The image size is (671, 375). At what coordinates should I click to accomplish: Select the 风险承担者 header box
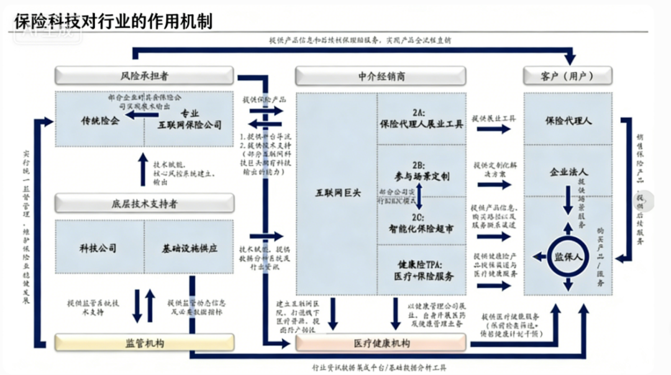pyautogui.click(x=144, y=76)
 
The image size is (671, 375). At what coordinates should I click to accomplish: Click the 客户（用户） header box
pyautogui.click(x=568, y=76)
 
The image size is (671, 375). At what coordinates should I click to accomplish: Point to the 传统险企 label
pyautogui.click(x=99, y=119)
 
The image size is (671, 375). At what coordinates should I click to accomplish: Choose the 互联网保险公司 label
pyautogui.click(x=194, y=125)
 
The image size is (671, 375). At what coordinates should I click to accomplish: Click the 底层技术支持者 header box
pyautogui.click(x=144, y=203)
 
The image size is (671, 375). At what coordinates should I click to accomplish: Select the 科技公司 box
pyautogui.click(x=98, y=248)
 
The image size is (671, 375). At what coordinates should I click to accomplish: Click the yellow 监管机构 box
pyautogui.click(x=144, y=343)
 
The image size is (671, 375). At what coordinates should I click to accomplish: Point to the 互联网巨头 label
pyautogui.click(x=337, y=193)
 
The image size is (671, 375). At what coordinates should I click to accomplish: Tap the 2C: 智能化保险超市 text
pyautogui.click(x=422, y=223)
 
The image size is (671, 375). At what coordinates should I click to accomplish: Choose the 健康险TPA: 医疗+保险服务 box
pyautogui.click(x=422, y=269)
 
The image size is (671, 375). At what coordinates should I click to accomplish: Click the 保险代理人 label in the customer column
pyautogui.click(x=567, y=119)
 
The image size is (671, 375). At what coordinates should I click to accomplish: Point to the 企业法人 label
pyautogui.click(x=568, y=171)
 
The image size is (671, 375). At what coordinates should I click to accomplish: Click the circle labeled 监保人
pyautogui.click(x=567, y=255)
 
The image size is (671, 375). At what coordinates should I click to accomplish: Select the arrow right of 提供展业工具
pyautogui.click(x=495, y=129)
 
